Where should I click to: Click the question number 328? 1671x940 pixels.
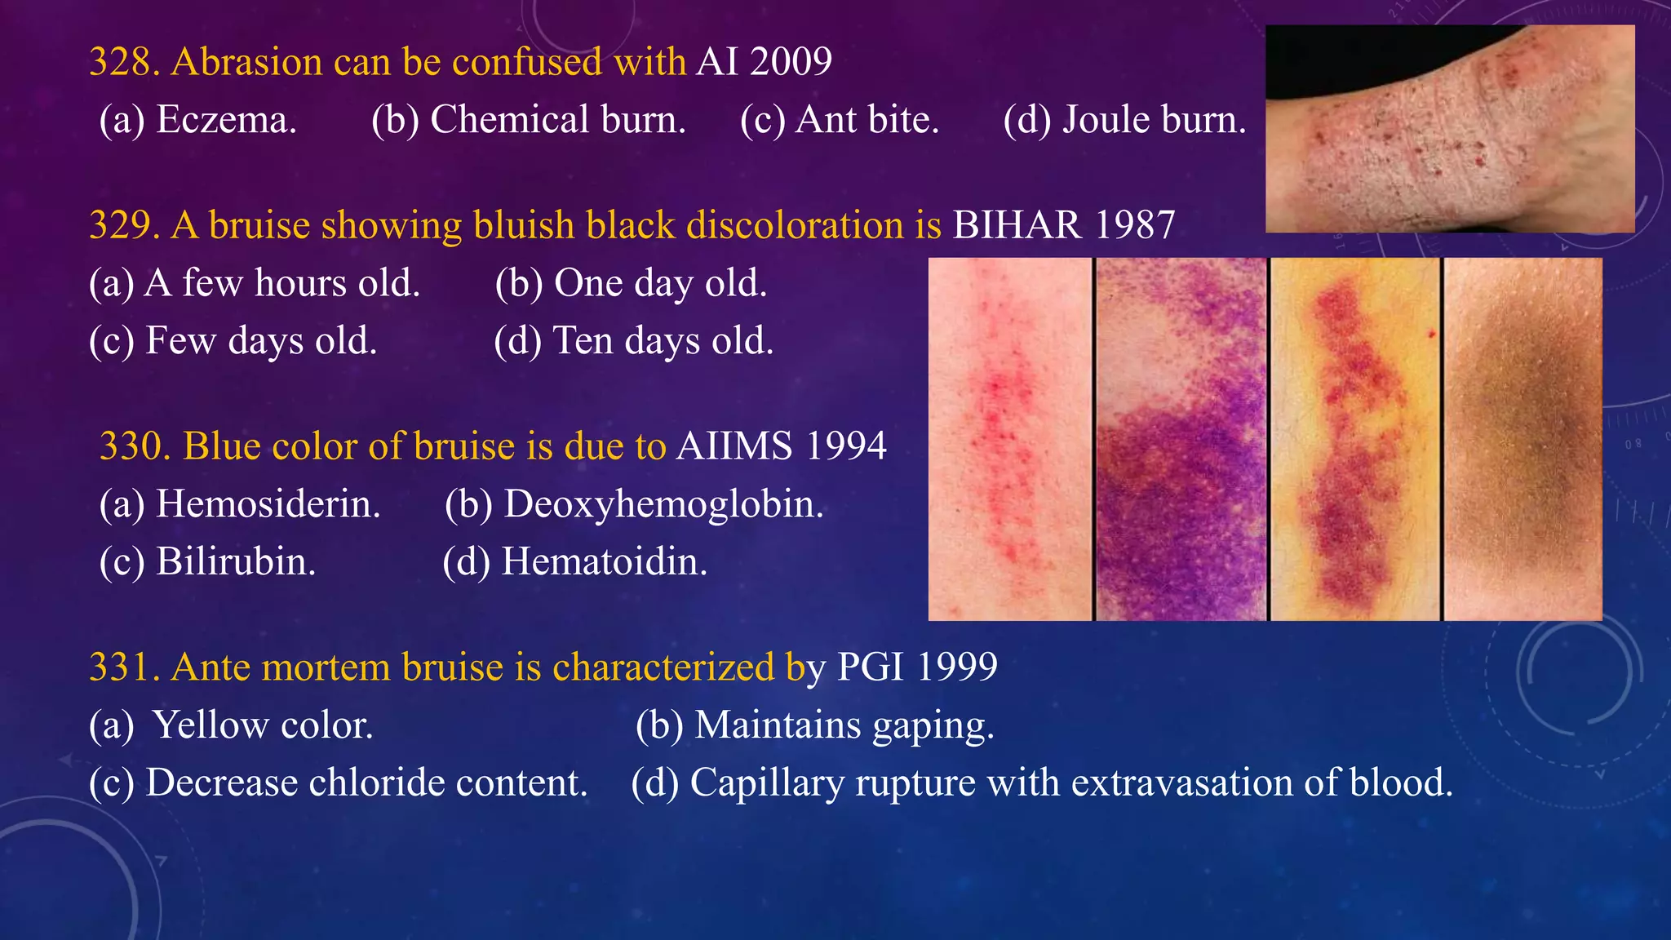coord(124,62)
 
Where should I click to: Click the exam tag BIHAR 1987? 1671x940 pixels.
coord(1064,225)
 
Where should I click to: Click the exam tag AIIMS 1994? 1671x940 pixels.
coord(781,446)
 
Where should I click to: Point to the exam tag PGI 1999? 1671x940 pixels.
coord(917,667)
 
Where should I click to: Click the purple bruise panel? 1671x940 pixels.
coord(1181,439)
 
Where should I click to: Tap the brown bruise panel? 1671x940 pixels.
coord(1523,439)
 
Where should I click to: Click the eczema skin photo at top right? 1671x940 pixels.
coord(1450,129)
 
